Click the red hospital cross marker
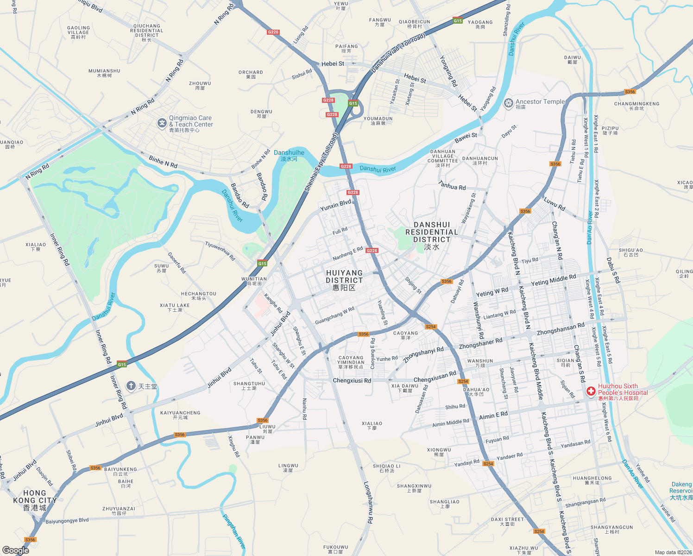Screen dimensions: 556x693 [591, 392]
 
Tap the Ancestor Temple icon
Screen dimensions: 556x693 [508, 103]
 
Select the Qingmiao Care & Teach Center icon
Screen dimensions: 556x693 [162, 123]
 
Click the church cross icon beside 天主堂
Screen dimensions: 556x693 [131, 386]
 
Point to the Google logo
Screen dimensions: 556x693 [16, 550]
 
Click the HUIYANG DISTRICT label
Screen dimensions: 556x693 [344, 280]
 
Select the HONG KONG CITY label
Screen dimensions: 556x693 [34, 500]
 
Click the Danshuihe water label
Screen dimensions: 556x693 [289, 155]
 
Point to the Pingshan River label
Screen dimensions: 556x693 [234, 531]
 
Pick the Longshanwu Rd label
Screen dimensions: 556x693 [368, 503]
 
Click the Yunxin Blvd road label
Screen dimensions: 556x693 [336, 205]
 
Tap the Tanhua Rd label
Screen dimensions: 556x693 [452, 185]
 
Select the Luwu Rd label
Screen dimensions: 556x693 [554, 204]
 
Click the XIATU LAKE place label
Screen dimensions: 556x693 [175, 307]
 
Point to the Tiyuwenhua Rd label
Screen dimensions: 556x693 [220, 251]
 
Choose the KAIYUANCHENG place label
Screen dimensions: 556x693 [180, 415]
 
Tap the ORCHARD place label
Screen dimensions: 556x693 [251, 74]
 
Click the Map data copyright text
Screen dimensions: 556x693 [673, 552]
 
